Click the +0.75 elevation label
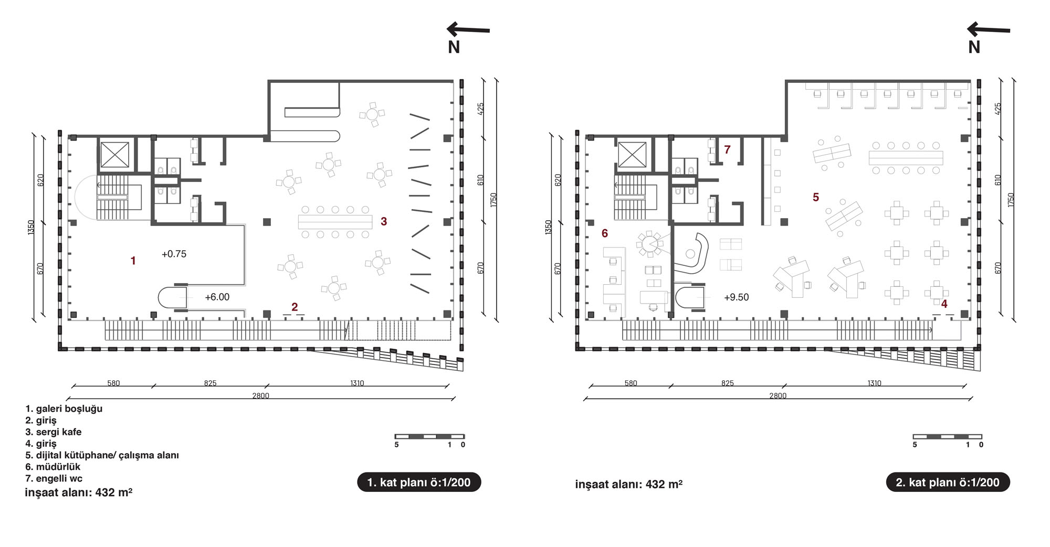click(174, 254)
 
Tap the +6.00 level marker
click(217, 297)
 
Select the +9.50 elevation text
click(736, 297)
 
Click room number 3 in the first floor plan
click(384, 222)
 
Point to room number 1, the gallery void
click(133, 261)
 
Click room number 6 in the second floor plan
click(605, 233)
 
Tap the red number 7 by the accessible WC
click(727, 149)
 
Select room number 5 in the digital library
click(815, 197)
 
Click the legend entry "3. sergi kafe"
click(53, 432)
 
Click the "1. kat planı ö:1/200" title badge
click(419, 482)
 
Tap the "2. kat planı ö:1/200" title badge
click(948, 482)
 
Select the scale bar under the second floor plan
click(947, 436)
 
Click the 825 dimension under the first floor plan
click(210, 383)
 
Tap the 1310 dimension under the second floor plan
click(874, 383)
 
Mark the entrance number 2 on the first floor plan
click(295, 307)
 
